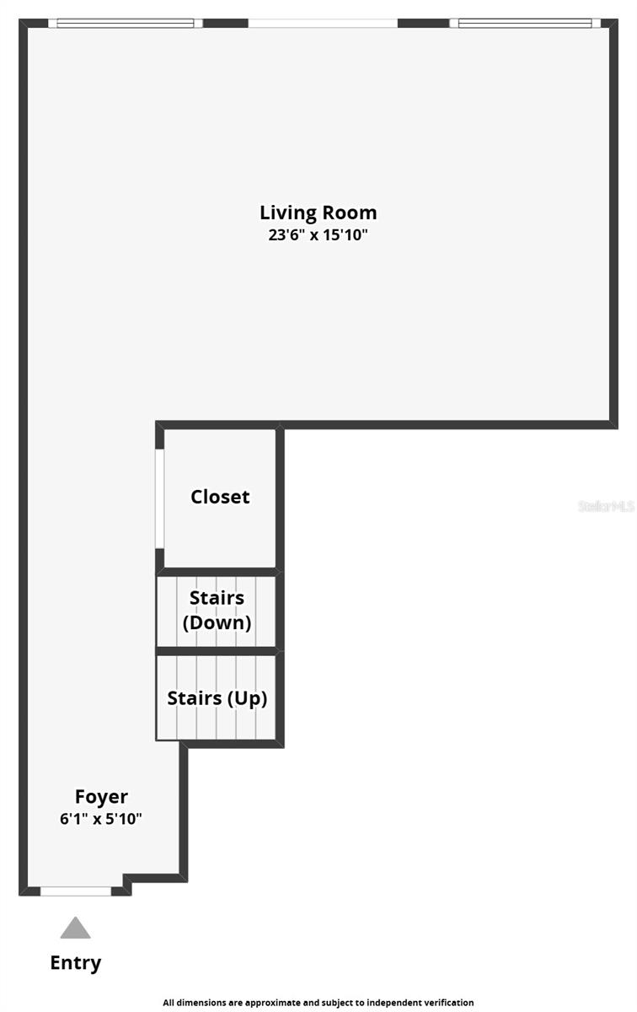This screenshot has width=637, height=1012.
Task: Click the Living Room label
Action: (318, 213)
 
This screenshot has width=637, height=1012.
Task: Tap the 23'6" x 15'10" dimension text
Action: (318, 235)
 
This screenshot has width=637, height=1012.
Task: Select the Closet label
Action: (220, 497)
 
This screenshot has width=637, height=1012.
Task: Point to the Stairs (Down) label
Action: (217, 610)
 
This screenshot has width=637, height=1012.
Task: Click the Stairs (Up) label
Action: (217, 698)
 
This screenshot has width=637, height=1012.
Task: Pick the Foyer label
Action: (101, 796)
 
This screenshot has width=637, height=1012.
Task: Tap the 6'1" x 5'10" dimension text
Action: (101, 818)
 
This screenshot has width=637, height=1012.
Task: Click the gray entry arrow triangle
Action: (75, 929)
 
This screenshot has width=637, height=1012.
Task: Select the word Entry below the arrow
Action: (75, 962)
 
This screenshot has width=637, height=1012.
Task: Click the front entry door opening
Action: (75, 891)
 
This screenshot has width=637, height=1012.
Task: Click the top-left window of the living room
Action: (125, 23)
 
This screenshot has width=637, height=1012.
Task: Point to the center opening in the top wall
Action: (322, 23)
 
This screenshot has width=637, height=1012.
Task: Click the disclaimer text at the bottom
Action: (318, 1003)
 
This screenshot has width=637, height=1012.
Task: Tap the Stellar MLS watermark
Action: (605, 506)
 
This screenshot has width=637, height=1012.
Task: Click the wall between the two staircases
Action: (217, 650)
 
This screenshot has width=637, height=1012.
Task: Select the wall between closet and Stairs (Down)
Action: (217, 572)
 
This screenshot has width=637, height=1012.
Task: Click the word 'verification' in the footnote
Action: (447, 1003)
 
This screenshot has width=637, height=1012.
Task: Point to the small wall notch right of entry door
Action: (126, 884)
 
